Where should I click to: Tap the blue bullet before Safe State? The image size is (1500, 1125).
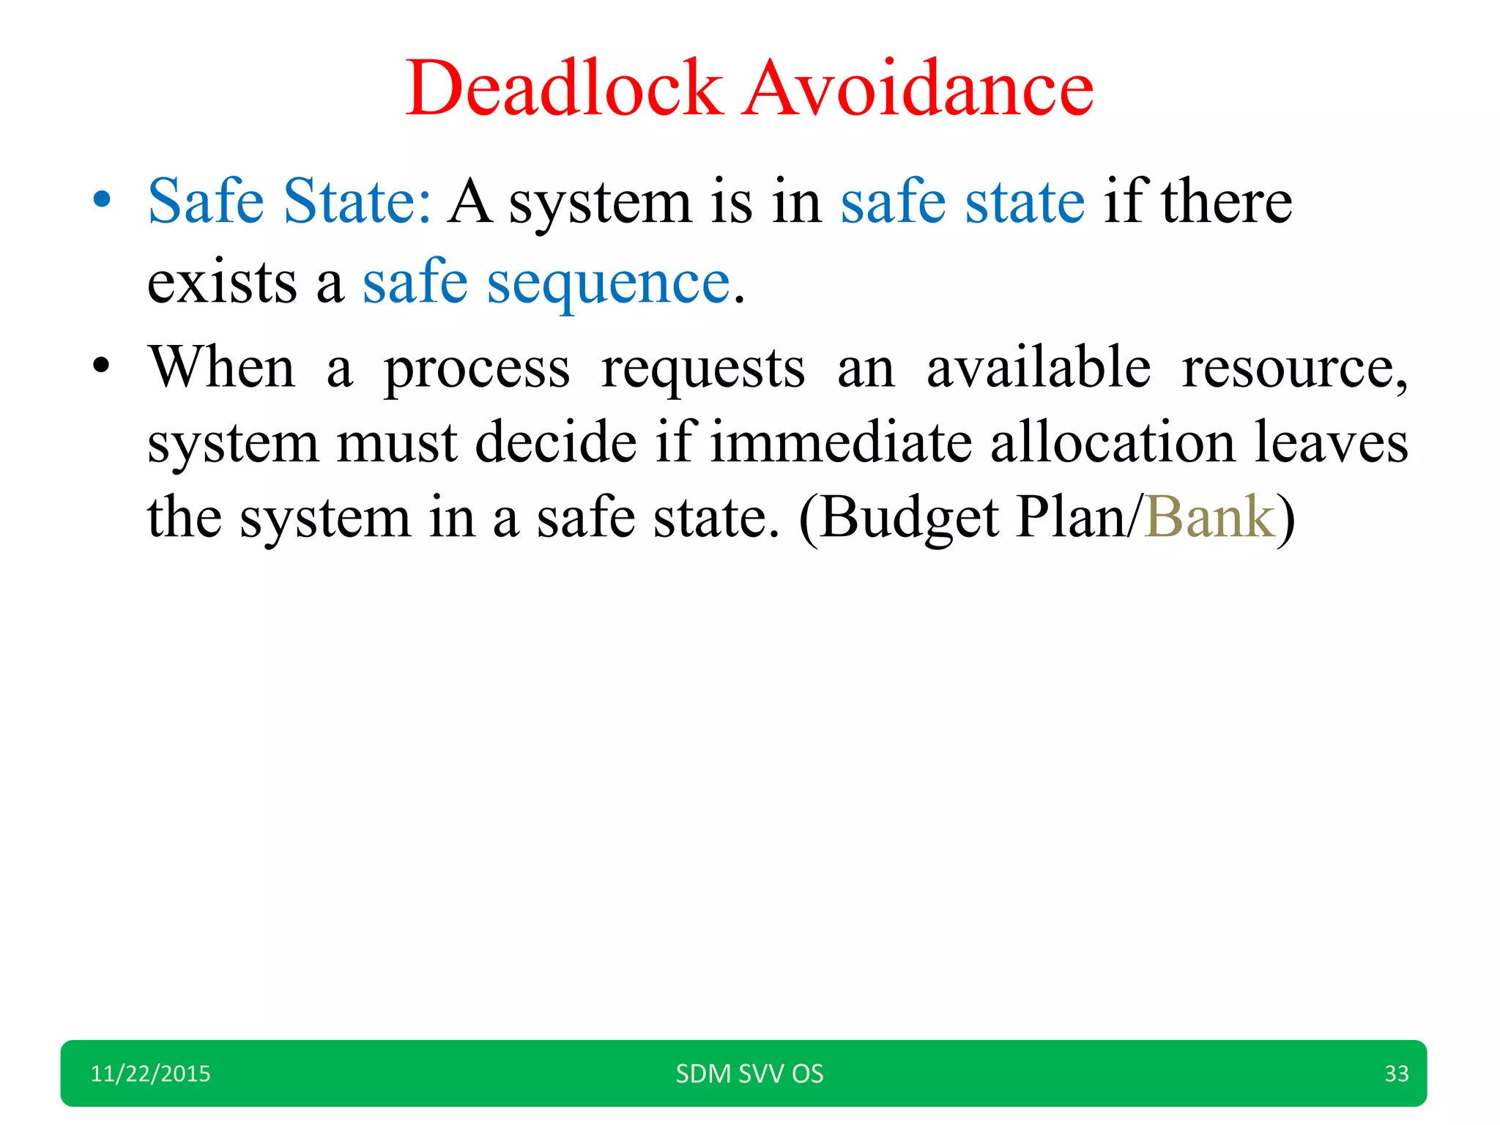(102, 199)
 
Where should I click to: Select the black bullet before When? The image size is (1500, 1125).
(102, 365)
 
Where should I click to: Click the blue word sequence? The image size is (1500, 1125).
(609, 283)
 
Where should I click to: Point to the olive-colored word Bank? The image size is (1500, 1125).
(1209, 517)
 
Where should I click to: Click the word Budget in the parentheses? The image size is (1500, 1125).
(909, 519)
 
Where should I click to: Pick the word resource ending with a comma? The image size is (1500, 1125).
(1293, 368)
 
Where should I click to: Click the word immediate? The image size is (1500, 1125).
(841, 442)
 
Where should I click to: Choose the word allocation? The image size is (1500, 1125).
(1113, 442)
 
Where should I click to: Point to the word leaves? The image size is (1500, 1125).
(1332, 442)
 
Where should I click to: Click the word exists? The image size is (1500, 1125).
(222, 283)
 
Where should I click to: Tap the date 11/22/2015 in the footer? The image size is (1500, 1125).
(150, 1074)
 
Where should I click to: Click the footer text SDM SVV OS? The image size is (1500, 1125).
(749, 1074)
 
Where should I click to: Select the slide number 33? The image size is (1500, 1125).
(1396, 1074)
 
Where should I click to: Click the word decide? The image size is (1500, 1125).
(556, 442)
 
